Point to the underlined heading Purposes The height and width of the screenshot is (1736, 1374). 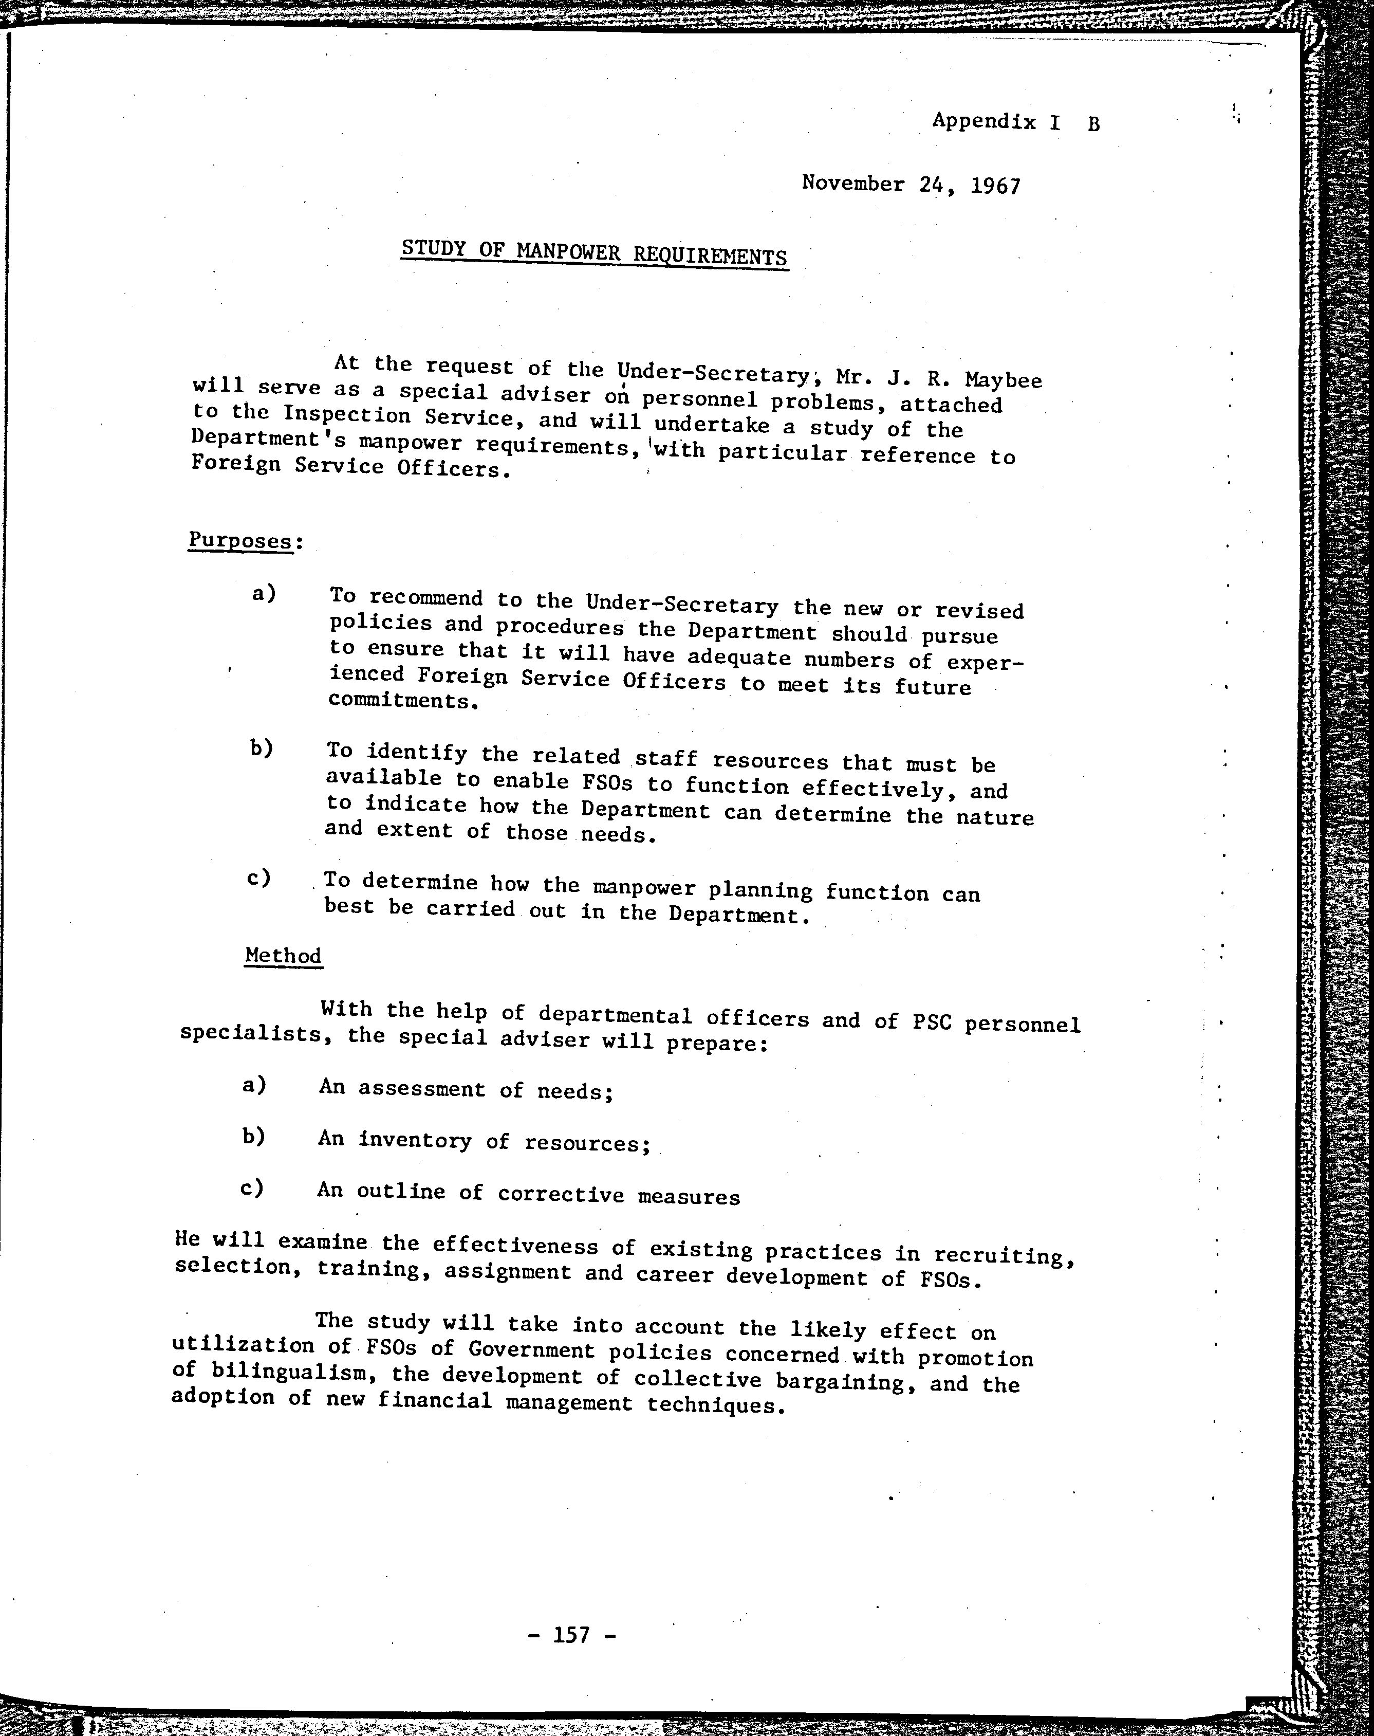pyautogui.click(x=240, y=540)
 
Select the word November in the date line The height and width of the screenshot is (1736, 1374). pyautogui.click(x=853, y=184)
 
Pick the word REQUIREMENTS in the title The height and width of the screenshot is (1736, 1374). pyautogui.click(x=710, y=256)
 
